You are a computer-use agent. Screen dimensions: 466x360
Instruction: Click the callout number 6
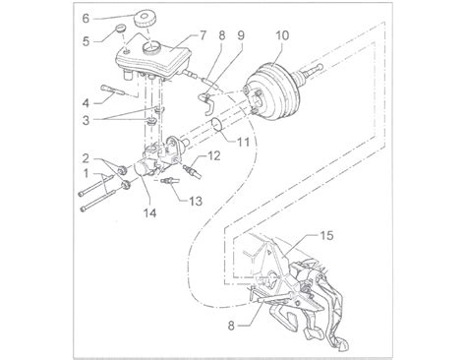pos(86,19)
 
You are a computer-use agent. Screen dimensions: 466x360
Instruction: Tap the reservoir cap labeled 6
pos(146,20)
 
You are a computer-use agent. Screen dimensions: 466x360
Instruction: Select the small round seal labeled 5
pos(122,28)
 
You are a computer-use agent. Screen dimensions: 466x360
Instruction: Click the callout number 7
pos(203,35)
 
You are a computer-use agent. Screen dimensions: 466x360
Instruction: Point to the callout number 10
pos(282,35)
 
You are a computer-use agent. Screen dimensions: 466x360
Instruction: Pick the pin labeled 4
pos(113,90)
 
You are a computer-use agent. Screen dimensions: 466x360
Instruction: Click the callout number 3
pos(86,120)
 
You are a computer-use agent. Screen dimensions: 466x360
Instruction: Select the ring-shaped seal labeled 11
pos(216,125)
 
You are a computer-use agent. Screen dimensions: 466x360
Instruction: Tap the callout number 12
pos(213,155)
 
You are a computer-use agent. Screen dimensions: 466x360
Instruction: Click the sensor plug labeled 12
pos(192,170)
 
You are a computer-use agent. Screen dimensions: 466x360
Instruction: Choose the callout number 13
pos(196,201)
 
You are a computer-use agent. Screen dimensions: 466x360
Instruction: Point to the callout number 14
pos(149,213)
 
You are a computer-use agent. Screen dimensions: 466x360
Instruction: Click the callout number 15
pos(326,235)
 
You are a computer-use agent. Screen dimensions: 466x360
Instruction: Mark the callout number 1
pos(86,173)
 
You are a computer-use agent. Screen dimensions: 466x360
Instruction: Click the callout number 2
pos(86,158)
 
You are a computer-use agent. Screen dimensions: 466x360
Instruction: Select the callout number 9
pos(241,35)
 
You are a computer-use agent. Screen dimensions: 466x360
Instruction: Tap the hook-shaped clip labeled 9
pos(206,103)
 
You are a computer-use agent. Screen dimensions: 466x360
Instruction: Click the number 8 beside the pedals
pos(231,326)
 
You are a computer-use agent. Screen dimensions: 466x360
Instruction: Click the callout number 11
pos(243,142)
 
